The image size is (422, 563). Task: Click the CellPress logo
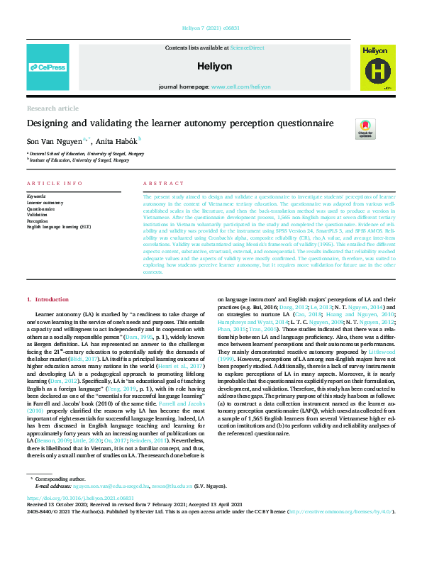[x=47, y=68]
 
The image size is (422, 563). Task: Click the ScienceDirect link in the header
[x=246, y=47]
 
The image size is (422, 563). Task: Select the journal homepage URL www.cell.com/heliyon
[x=240, y=87]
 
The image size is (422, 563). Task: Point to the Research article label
[x=52, y=108]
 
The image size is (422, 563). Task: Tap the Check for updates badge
[x=365, y=128]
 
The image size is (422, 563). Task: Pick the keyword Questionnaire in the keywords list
[x=42, y=209]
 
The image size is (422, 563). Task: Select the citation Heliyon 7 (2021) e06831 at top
[x=211, y=30]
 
